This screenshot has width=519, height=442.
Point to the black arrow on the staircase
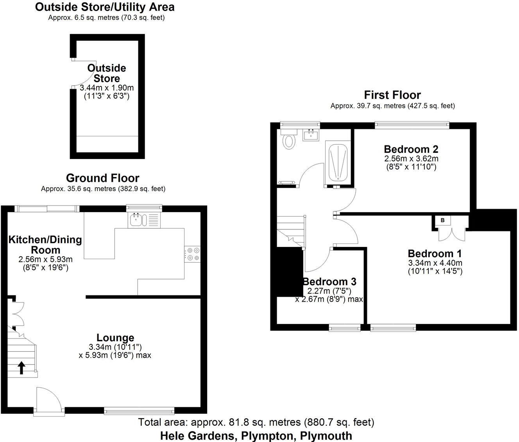click(x=21, y=367)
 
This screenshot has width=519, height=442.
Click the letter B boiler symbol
click(x=442, y=220)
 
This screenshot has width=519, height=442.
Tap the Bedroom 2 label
click(x=411, y=149)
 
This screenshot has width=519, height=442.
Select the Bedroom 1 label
click(x=435, y=253)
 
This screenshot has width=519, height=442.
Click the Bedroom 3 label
click(x=329, y=281)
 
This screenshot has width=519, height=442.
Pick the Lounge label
click(x=115, y=338)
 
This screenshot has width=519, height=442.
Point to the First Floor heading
click(x=392, y=95)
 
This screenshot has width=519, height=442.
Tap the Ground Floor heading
click(x=102, y=178)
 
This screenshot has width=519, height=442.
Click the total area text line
click(x=256, y=422)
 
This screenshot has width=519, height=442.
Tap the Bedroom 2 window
click(x=412, y=124)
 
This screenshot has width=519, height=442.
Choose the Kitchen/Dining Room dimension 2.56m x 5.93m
click(x=45, y=259)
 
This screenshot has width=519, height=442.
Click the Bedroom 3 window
click(x=345, y=328)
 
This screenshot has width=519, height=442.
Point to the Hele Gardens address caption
click(x=256, y=435)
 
